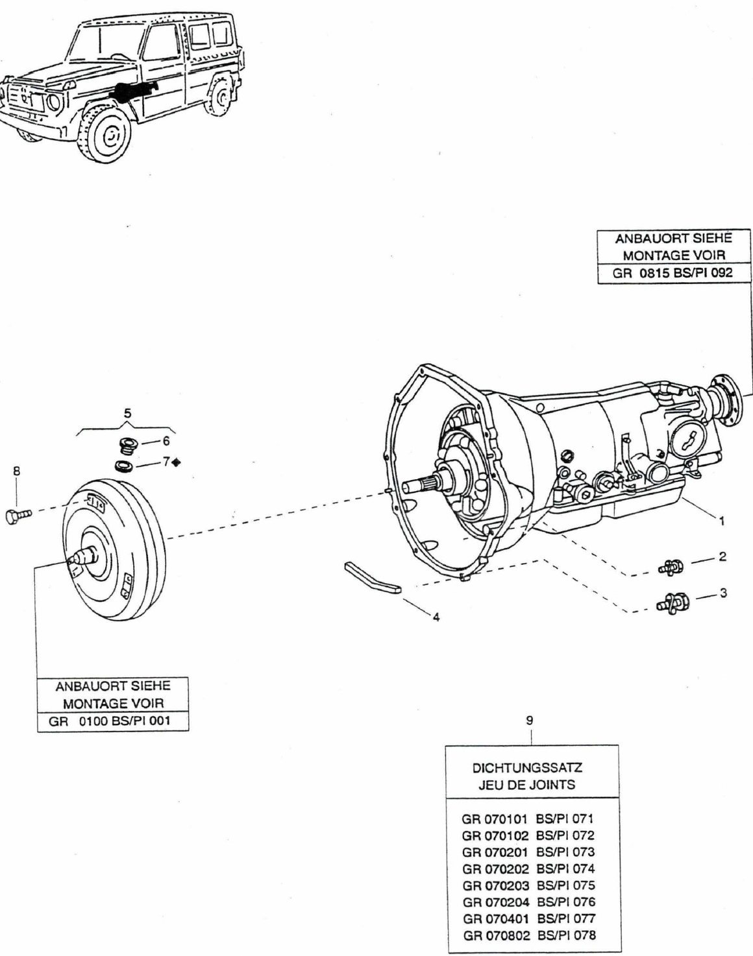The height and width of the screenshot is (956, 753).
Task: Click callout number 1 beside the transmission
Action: (722, 520)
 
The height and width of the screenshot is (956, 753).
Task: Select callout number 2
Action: (722, 557)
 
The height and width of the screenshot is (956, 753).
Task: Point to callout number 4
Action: (436, 617)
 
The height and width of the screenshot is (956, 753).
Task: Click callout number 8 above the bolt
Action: (16, 472)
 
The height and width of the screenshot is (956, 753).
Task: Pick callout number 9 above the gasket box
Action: (530, 719)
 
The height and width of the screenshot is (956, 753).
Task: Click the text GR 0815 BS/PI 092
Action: (673, 273)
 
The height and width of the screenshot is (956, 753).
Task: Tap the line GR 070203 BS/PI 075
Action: (528, 885)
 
